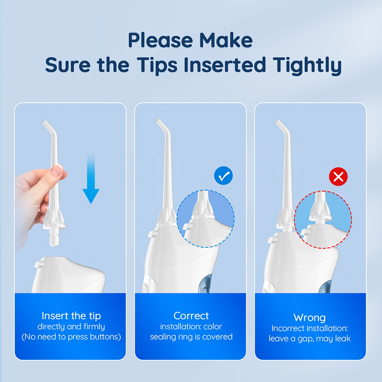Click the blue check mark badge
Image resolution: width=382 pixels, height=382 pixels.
(223, 176)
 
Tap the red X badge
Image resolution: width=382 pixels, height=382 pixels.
(338, 176)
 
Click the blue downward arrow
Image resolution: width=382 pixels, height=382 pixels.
(91, 179)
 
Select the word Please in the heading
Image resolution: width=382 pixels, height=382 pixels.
(161, 40)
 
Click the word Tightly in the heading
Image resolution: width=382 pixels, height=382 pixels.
(307, 65)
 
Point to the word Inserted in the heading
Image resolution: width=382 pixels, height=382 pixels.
(224, 65)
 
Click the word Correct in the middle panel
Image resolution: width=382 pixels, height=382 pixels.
(191, 316)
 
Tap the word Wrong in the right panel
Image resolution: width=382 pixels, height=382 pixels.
(309, 317)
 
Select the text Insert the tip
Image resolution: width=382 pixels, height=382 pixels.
(71, 316)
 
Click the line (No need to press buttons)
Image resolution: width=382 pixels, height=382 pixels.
(71, 337)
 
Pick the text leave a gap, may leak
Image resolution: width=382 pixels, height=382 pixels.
(309, 338)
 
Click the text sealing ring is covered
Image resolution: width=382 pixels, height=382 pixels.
(191, 337)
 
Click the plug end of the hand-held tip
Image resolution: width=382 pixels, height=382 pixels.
(54, 237)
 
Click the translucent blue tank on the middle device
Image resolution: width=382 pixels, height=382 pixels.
(205, 283)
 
